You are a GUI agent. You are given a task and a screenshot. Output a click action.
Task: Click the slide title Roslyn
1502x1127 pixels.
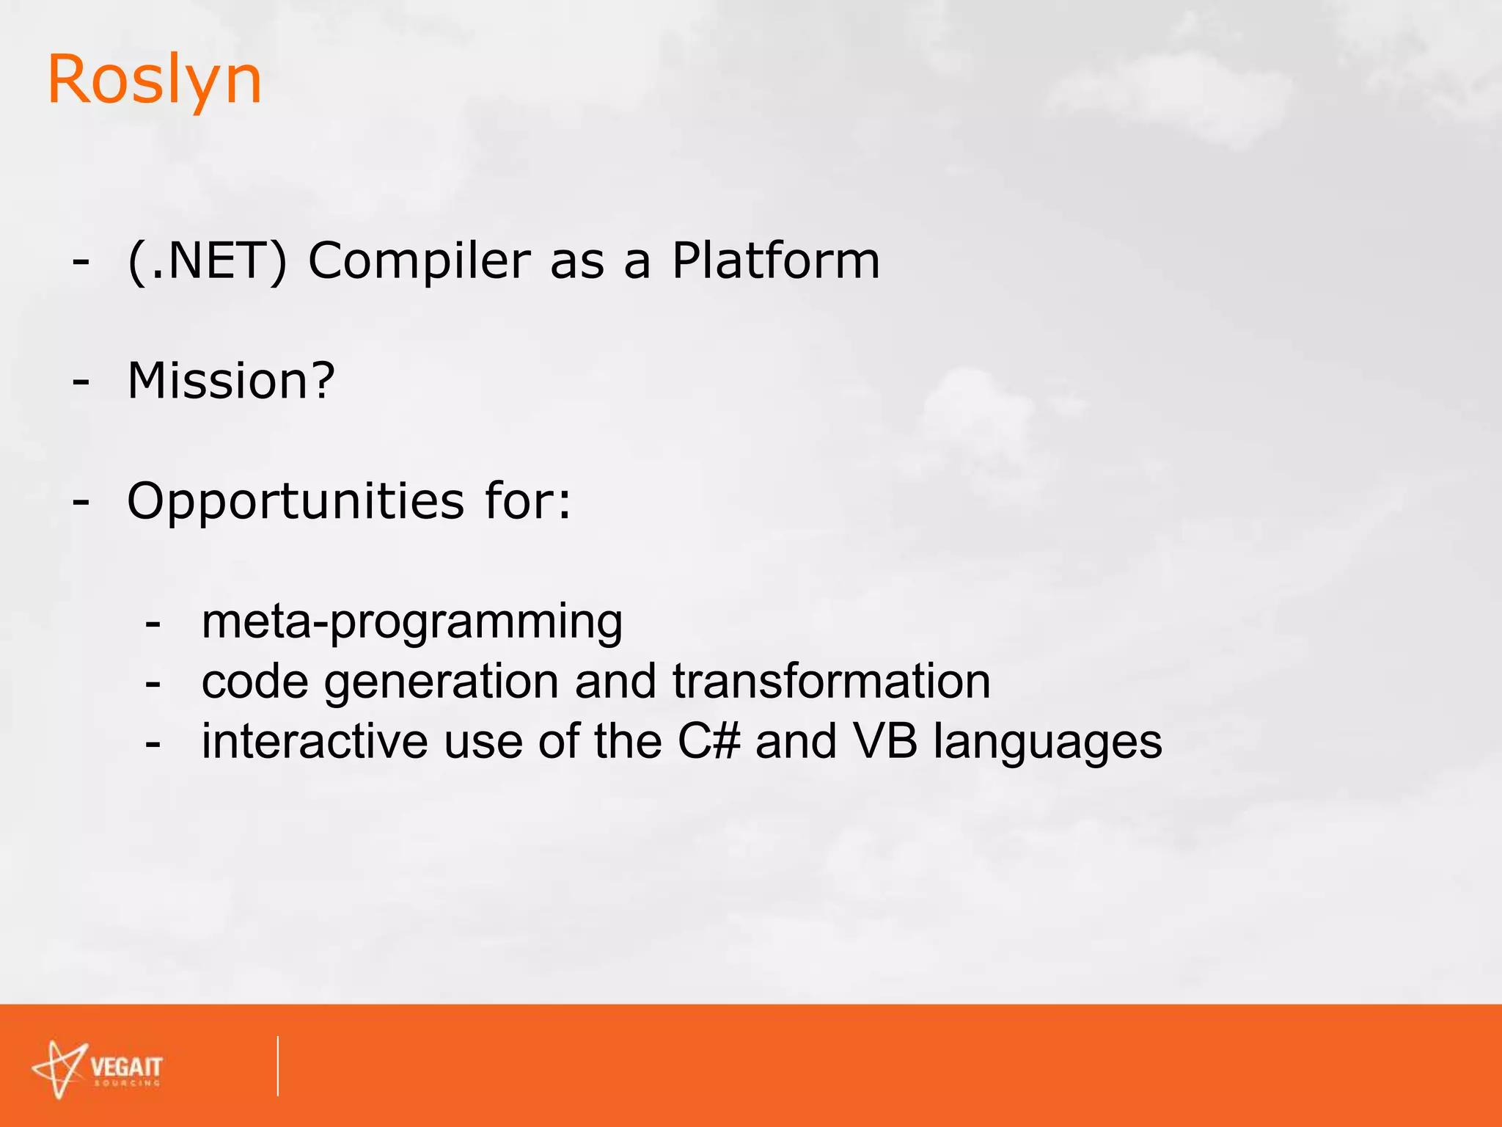(x=154, y=81)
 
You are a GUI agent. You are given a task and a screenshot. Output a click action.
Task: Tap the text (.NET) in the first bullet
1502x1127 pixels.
(x=208, y=260)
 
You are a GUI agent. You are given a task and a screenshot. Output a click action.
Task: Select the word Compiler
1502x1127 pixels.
(x=419, y=262)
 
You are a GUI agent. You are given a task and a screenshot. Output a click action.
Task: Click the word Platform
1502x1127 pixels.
(x=775, y=260)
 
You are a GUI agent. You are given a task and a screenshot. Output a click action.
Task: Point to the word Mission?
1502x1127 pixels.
(x=231, y=381)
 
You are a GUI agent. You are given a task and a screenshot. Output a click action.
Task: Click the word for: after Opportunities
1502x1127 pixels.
(x=527, y=501)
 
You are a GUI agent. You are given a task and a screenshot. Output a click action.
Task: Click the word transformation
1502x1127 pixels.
(x=831, y=681)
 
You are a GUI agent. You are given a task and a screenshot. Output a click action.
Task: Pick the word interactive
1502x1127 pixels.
(x=315, y=741)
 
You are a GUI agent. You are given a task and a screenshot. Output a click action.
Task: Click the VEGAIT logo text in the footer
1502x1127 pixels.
(x=126, y=1068)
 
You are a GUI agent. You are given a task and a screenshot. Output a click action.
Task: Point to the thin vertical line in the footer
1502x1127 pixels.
(x=278, y=1065)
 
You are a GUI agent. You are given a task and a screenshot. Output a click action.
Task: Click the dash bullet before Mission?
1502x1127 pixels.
(x=81, y=382)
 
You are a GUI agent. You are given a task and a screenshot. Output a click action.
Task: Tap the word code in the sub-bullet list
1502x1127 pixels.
(x=254, y=682)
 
